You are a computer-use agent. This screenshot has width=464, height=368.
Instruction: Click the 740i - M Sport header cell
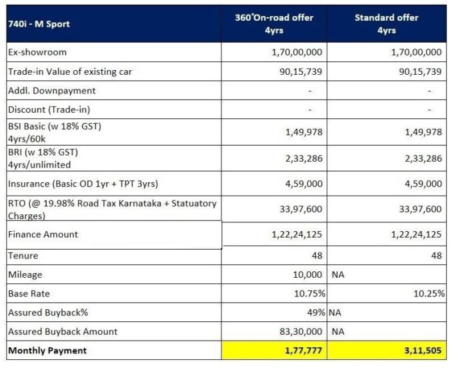click(x=39, y=24)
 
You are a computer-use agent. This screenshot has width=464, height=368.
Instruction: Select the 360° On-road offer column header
click(x=275, y=24)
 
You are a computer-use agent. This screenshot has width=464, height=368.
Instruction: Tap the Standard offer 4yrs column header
click(x=387, y=24)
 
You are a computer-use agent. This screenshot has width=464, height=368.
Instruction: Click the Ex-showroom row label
click(x=37, y=52)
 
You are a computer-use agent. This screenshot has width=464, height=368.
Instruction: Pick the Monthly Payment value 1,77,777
click(x=301, y=350)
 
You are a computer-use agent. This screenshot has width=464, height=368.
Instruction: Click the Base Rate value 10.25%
click(x=427, y=293)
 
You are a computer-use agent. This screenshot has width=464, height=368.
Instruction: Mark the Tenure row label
click(x=23, y=256)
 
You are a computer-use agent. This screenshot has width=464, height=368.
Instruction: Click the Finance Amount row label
click(x=43, y=234)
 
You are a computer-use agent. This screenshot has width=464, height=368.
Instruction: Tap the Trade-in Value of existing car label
click(x=74, y=71)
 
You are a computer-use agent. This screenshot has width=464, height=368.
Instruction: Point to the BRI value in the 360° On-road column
click(x=303, y=158)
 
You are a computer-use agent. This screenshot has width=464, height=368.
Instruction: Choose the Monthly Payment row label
click(x=47, y=350)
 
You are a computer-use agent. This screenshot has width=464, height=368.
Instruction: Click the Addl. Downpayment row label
click(x=52, y=90)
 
